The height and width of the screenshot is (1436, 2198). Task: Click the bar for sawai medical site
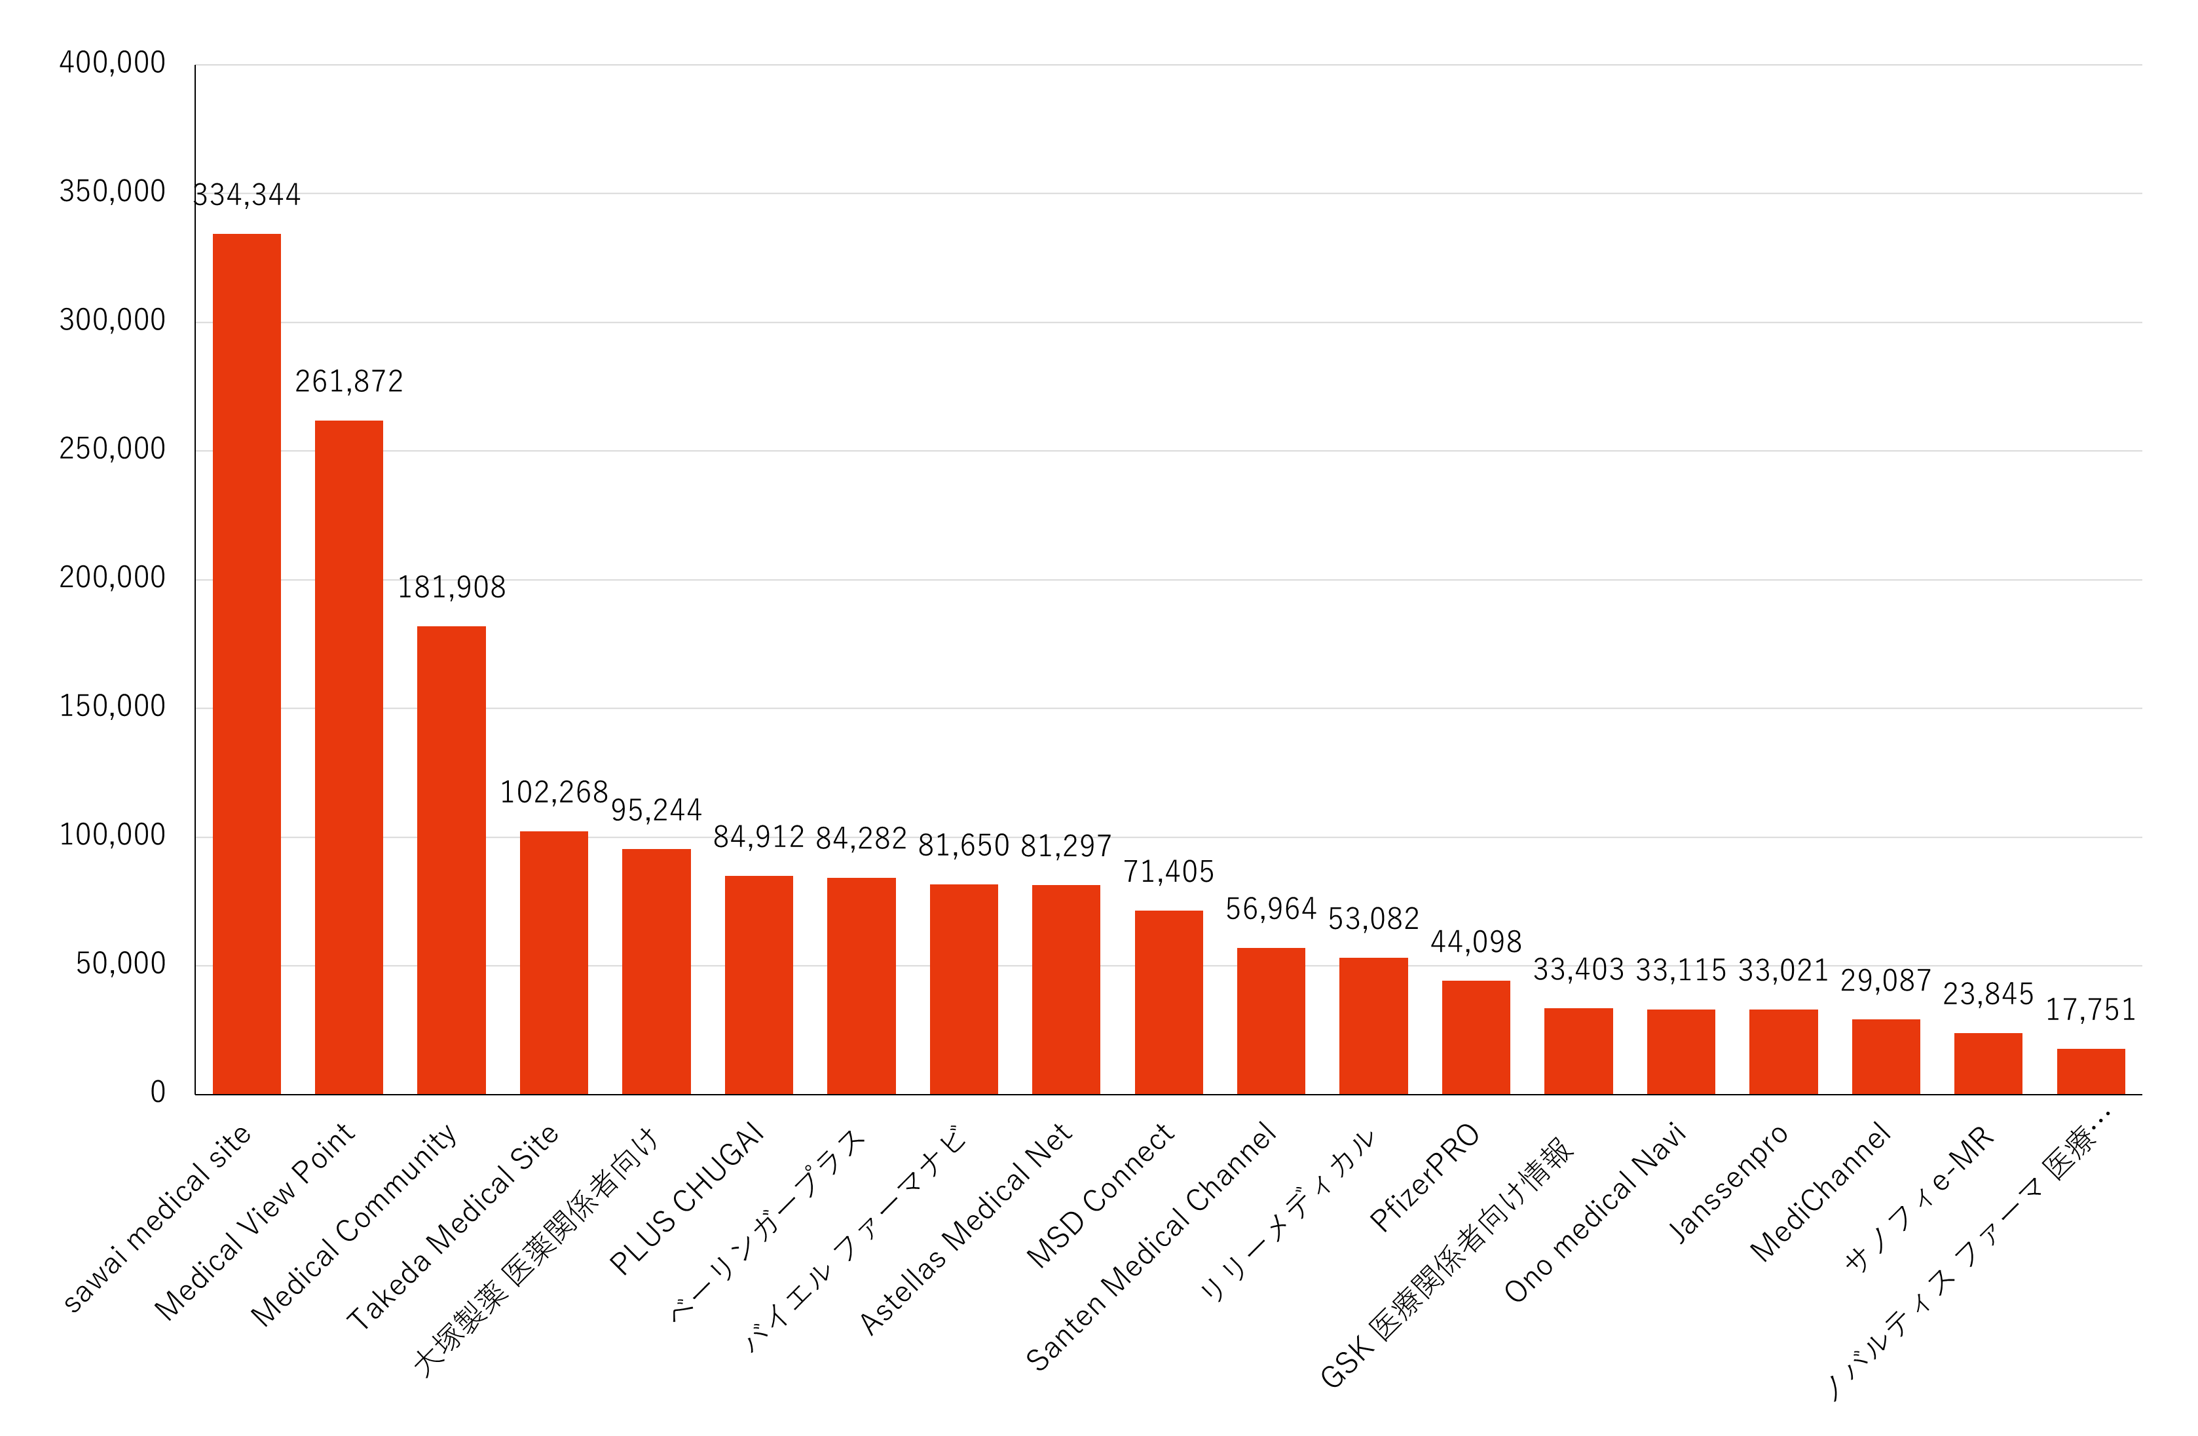point(246,664)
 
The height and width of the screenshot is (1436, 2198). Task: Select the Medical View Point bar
point(349,757)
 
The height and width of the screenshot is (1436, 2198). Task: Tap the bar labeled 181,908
point(452,860)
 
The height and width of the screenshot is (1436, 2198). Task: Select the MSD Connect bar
point(1168,1002)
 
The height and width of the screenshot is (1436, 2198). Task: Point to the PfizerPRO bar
point(1476,1037)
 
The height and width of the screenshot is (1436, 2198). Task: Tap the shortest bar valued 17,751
point(2091,1071)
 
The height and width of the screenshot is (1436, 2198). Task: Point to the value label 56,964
point(1271,910)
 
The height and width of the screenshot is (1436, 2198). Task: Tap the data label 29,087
point(1886,981)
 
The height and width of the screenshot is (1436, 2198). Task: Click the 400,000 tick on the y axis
point(113,63)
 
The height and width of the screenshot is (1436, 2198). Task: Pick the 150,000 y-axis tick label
point(113,706)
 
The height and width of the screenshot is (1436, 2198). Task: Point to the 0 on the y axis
point(158,1093)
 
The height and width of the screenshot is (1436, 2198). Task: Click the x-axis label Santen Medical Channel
point(1151,1247)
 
